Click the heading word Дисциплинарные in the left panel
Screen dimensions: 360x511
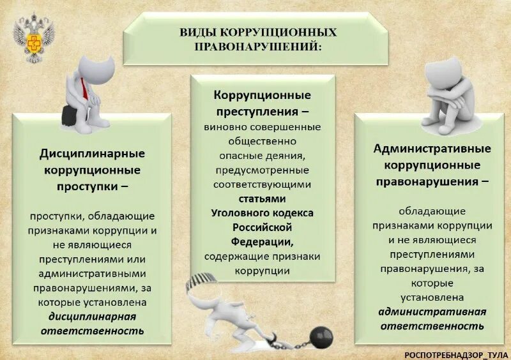click(93, 154)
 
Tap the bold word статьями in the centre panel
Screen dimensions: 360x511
click(263, 199)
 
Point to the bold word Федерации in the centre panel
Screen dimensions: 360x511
click(262, 242)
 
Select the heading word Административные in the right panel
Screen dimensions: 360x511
click(432, 149)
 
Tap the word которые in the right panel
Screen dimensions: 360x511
click(431, 283)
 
